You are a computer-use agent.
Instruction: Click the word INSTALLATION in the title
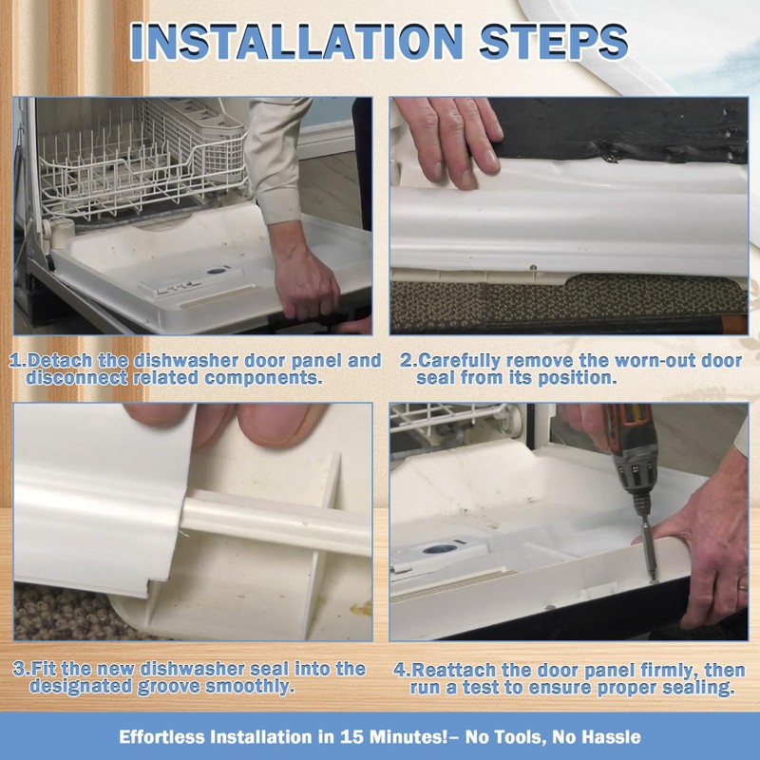tap(296, 42)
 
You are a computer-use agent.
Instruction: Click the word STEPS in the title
tap(554, 42)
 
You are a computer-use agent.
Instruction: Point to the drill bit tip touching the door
tap(654, 580)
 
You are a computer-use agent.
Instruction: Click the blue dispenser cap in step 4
tap(440, 549)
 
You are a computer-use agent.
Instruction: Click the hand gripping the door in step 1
tap(305, 282)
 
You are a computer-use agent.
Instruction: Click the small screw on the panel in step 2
tap(533, 267)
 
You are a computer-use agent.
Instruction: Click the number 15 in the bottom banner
tap(351, 737)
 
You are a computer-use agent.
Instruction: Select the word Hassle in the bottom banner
tap(611, 737)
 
